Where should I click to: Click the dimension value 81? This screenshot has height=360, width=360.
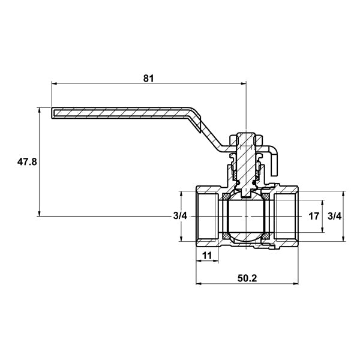148,78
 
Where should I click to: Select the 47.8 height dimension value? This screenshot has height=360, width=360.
27,162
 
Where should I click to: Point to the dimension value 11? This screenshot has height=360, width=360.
207,256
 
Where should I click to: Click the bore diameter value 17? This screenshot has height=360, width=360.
314,216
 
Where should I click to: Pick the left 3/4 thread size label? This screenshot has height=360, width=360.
180,216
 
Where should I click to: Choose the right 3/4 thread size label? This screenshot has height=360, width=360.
335,216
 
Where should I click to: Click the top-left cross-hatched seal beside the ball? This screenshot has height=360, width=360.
226,197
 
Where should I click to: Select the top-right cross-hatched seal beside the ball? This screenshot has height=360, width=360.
266,197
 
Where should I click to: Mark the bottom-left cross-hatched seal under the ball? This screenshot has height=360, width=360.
226,236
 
